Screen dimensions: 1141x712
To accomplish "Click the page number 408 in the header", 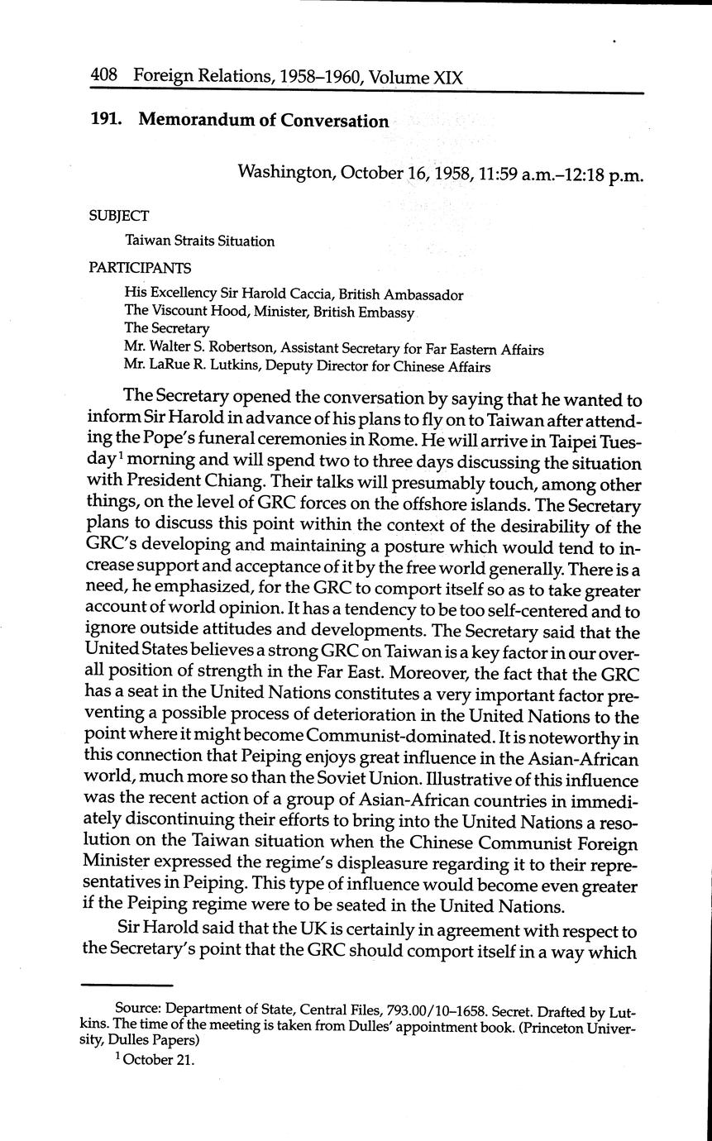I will pos(105,77).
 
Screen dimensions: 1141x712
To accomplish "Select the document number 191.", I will pos(107,120).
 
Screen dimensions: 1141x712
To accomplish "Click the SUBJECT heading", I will pos(119,216).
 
